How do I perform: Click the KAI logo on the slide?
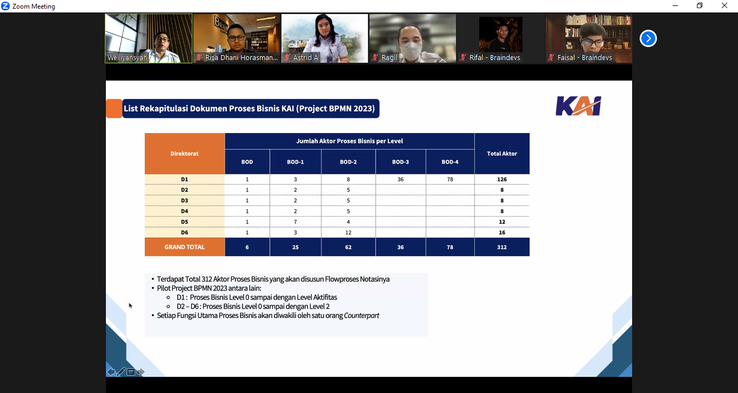578,106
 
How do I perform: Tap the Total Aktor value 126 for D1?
502,179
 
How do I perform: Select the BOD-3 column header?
400,162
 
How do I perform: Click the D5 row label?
185,222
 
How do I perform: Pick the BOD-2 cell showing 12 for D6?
348,232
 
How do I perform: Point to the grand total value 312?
502,247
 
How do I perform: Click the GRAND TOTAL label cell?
185,247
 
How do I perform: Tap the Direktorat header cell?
185,154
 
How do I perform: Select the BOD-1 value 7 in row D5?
295,222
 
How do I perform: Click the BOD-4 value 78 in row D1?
450,179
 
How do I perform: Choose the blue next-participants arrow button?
648,38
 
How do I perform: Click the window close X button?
724,5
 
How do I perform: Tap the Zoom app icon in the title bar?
5,6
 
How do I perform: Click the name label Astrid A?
305,58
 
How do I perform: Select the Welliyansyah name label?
127,58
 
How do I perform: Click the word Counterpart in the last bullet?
361,316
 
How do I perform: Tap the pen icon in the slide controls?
121,372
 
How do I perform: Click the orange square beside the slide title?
114,109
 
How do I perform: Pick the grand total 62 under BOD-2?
348,247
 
